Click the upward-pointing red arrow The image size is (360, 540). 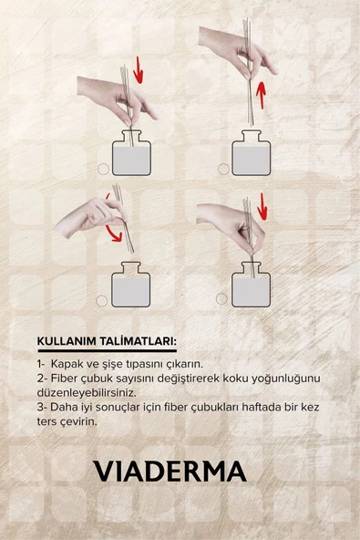click(x=262, y=93)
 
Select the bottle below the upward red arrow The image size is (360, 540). click(x=251, y=154)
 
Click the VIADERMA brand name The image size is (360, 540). click(x=170, y=471)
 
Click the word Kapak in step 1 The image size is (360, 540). click(x=67, y=362)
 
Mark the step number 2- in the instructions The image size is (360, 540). click(x=42, y=378)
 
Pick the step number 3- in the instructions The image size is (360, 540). click(x=42, y=408)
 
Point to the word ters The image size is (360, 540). click(x=50, y=422)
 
